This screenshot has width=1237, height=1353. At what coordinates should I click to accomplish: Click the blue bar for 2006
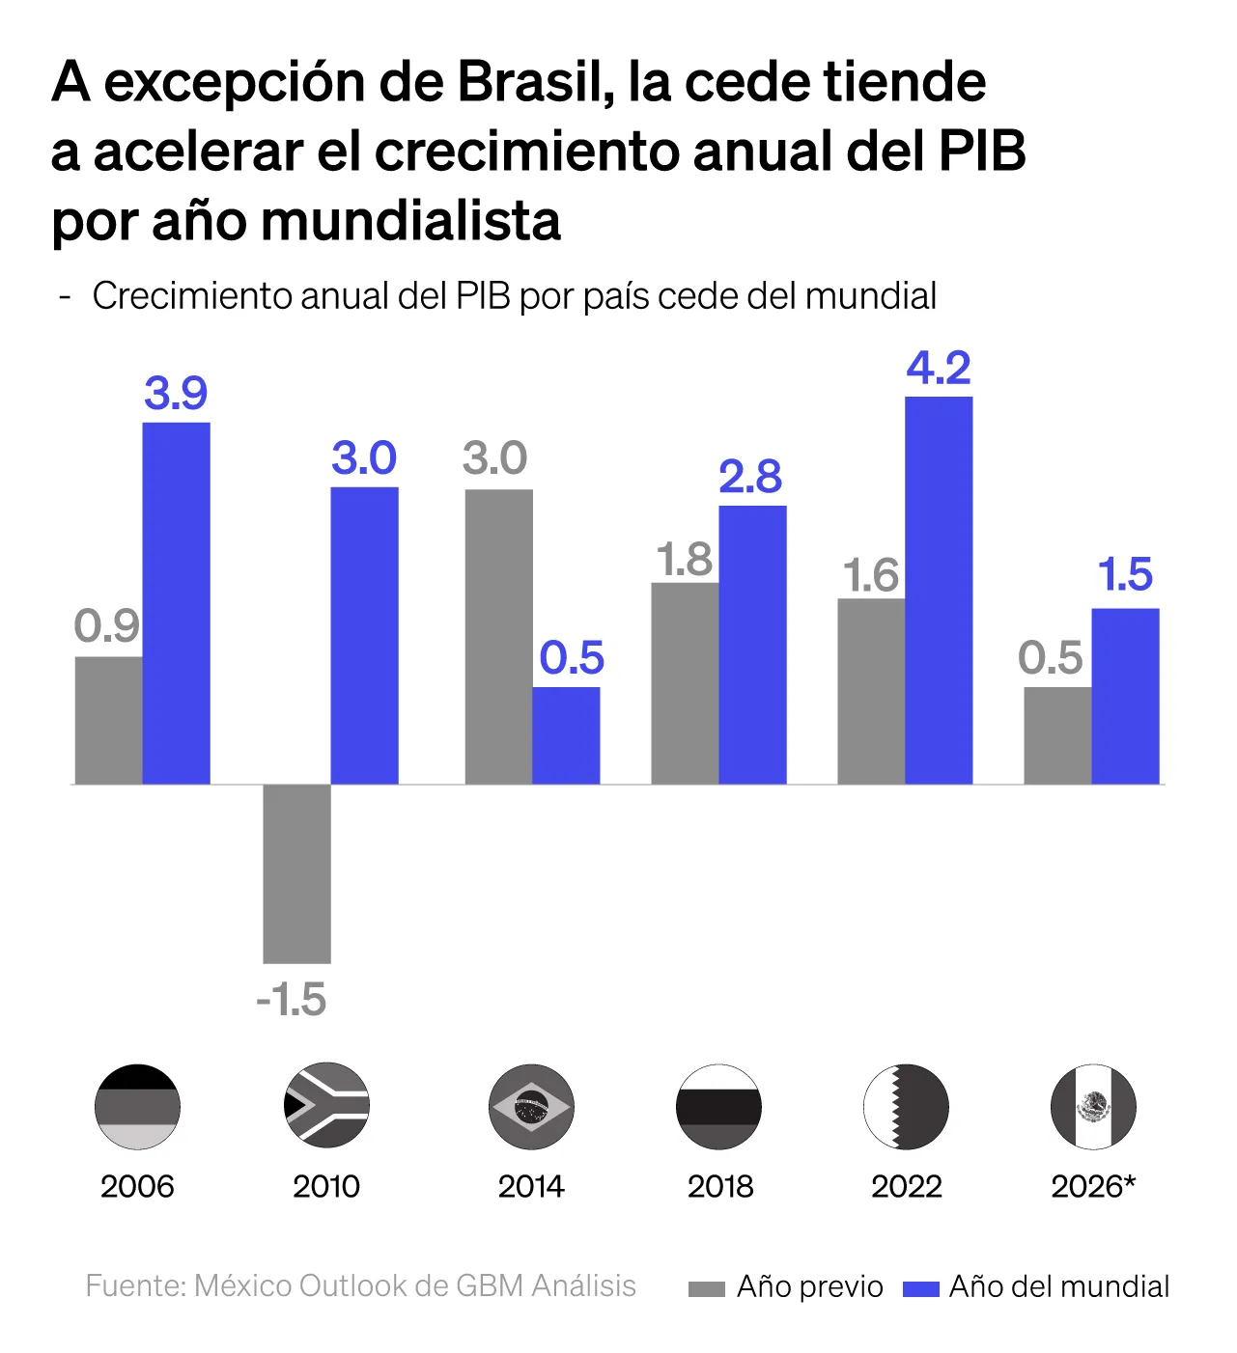(176, 603)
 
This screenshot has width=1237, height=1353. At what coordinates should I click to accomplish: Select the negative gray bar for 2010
(296, 873)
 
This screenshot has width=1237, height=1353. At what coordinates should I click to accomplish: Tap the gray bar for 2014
(498, 637)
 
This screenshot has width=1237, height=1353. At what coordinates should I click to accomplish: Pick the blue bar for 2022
(939, 591)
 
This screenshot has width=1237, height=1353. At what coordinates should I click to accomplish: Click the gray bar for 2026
(1057, 735)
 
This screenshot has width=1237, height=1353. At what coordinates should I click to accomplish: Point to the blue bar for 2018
(752, 645)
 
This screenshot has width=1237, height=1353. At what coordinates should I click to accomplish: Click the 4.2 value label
(939, 369)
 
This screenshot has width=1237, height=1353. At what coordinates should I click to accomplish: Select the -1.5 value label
(292, 1001)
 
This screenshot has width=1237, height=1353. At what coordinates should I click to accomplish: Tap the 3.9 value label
(176, 394)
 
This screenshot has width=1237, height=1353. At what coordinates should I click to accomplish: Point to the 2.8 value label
(750, 477)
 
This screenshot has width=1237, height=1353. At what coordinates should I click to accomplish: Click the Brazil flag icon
(531, 1107)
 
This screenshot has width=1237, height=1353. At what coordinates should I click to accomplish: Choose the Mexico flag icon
(1093, 1107)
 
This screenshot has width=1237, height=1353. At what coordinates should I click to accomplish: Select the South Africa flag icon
(327, 1106)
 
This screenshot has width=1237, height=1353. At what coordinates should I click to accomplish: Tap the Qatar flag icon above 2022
(906, 1107)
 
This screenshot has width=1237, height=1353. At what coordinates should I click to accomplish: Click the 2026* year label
(1093, 1186)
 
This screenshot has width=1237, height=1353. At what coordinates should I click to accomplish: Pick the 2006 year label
(137, 1186)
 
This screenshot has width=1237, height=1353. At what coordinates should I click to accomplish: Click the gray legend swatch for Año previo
(706, 1289)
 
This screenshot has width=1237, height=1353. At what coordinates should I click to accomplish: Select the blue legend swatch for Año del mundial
(920, 1289)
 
